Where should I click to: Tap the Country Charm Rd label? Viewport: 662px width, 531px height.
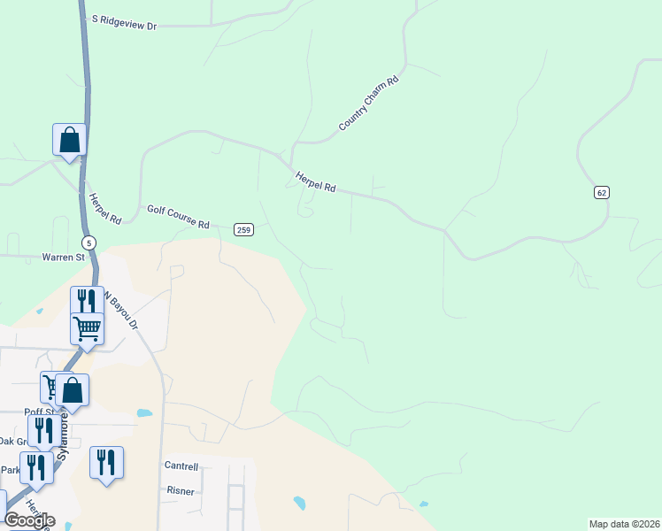tap(369, 104)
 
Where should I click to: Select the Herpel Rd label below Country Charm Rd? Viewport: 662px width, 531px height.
tap(316, 181)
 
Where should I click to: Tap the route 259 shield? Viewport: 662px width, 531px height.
tap(244, 230)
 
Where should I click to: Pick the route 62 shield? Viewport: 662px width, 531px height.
tap(602, 193)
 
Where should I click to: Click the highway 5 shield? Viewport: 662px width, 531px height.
tap(88, 242)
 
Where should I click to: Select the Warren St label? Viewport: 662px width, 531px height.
tap(62, 258)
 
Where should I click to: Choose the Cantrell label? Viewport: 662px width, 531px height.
tap(181, 466)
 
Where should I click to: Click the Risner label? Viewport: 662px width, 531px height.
tap(180, 489)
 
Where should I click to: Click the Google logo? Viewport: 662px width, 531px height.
tap(29, 520)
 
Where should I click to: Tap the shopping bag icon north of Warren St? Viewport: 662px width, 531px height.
tap(69, 140)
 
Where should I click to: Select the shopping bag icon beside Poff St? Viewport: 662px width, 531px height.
tap(72, 389)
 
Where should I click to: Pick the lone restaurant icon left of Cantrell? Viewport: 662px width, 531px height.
tap(106, 462)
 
